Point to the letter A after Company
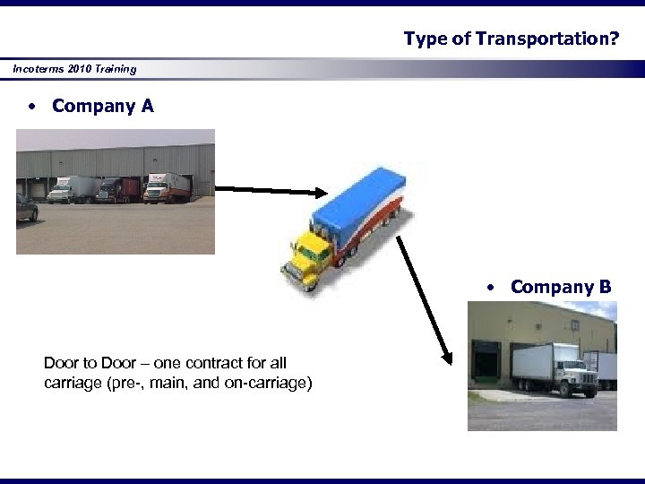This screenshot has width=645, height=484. [147, 106]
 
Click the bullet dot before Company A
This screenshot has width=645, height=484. [31, 107]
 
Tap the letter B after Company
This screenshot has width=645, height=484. [606, 287]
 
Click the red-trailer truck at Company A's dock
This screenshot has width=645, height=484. [119, 189]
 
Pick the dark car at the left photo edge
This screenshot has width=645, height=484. [26, 208]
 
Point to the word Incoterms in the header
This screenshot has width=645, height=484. [39, 69]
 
